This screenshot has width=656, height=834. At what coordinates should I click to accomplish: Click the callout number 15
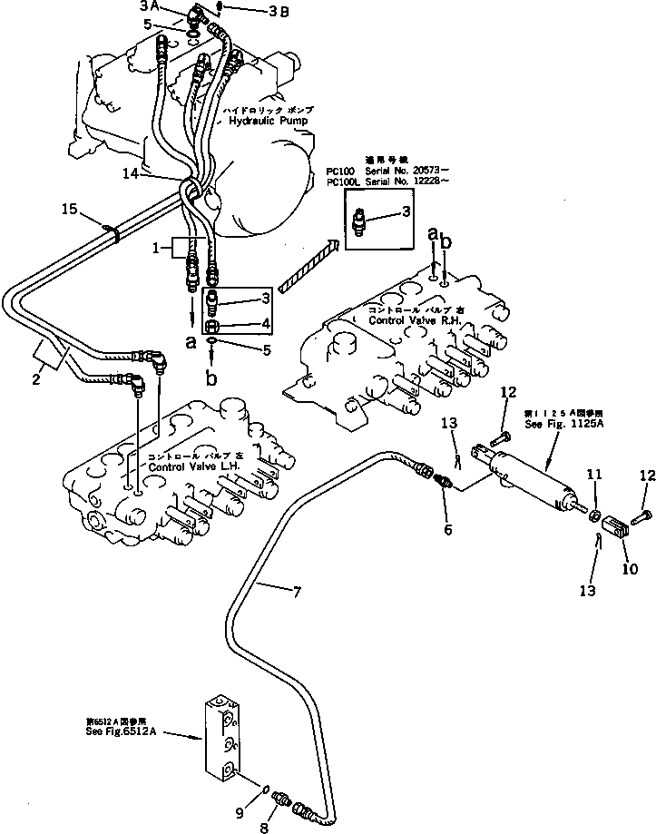(x=68, y=211)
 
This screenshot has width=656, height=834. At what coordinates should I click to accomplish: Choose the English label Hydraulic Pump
(x=269, y=120)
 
